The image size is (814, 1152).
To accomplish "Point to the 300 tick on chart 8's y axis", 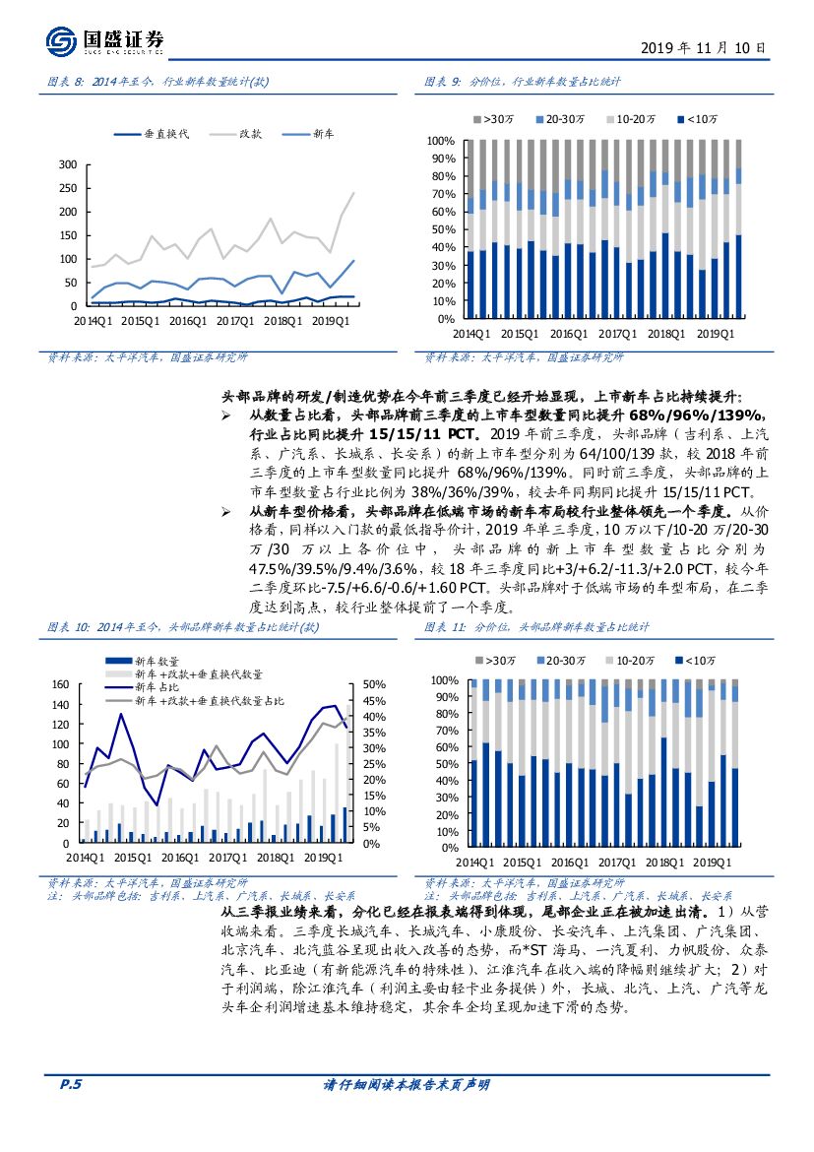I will [68, 164].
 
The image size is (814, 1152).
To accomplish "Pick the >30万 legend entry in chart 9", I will [494, 119].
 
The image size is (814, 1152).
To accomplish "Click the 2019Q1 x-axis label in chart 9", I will [717, 334].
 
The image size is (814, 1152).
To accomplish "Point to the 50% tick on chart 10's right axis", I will [375, 684].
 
